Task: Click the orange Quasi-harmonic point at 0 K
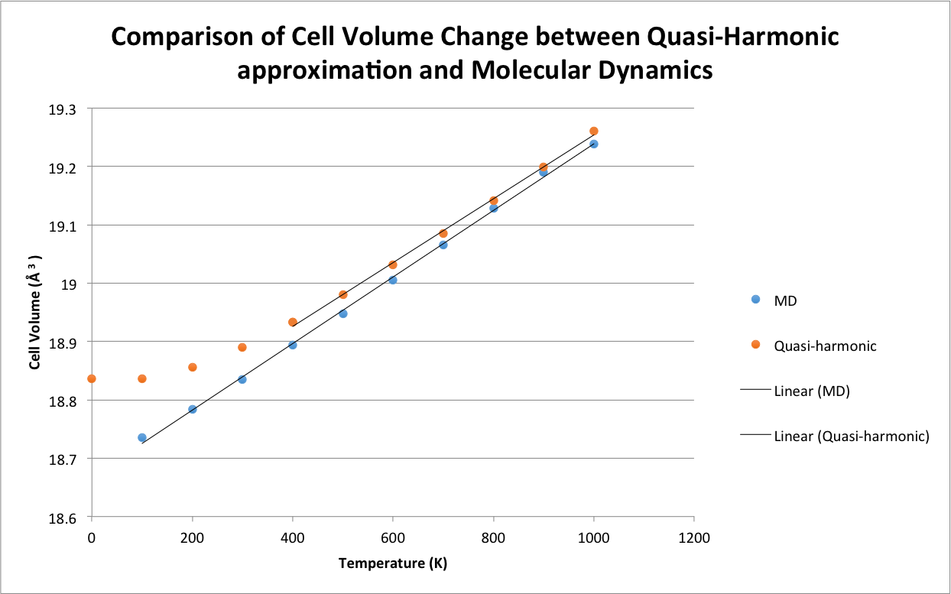point(92,378)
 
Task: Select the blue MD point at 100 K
point(142,437)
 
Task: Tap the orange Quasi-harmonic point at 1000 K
point(594,131)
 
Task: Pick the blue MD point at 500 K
point(343,313)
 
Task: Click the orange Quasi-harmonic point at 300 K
point(242,347)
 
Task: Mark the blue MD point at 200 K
point(193,409)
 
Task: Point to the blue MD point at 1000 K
point(594,144)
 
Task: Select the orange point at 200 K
point(193,367)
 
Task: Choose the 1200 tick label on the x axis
point(693,537)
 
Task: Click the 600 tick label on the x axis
point(393,537)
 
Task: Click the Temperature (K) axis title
point(393,564)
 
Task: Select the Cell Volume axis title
point(34,313)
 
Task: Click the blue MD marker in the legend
point(756,300)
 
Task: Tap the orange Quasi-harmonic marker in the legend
point(756,345)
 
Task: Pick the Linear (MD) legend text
point(812,391)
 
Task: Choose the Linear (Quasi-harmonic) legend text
point(852,437)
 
